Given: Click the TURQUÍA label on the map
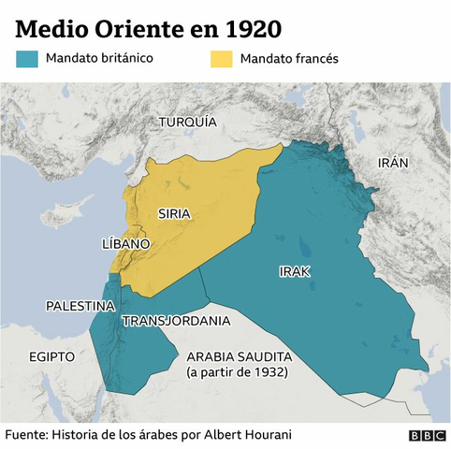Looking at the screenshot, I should (x=187, y=123).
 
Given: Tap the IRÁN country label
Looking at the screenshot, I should (x=393, y=162).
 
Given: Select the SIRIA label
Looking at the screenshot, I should (x=175, y=213).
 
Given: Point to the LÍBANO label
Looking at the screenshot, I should (x=125, y=243).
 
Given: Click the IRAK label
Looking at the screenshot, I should (x=294, y=271).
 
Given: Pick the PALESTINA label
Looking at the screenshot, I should (x=80, y=306).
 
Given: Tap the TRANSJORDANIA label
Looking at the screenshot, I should (x=176, y=321).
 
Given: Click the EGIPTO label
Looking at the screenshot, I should (x=51, y=356).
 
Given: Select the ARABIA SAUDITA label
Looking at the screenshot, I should (x=240, y=357).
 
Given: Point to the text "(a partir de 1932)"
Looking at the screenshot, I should (x=237, y=372).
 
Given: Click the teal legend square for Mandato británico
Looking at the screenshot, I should (x=27, y=59).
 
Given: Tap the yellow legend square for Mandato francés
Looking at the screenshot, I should (x=220, y=59).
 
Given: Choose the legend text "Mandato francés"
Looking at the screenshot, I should (x=289, y=59).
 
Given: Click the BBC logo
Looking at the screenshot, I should (x=427, y=436).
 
